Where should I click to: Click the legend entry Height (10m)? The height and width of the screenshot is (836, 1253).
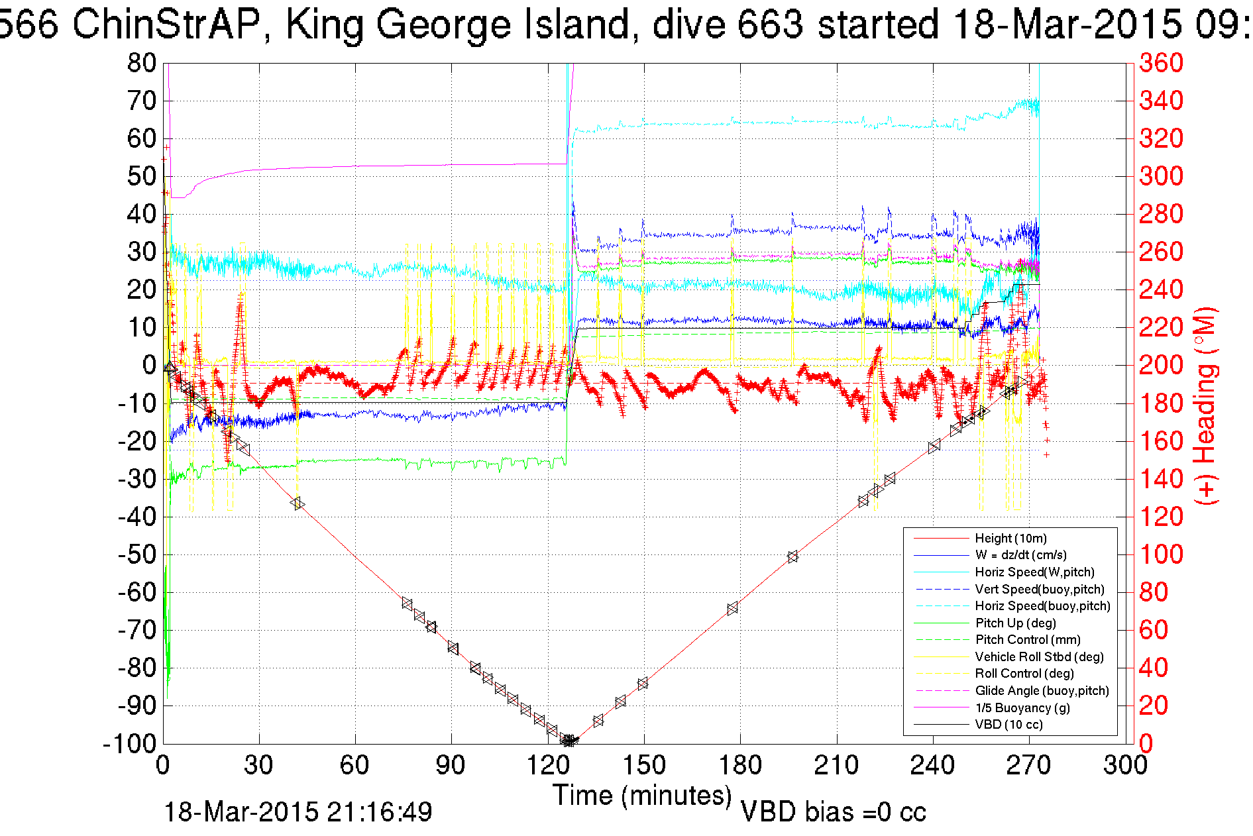click(1010, 539)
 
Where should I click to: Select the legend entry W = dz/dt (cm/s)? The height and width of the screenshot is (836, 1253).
click(1020, 555)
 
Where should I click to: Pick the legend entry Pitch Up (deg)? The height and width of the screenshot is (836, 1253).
click(1015, 623)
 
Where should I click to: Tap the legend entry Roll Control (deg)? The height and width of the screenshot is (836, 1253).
click(1024, 674)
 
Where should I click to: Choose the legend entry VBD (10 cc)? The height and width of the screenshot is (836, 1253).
click(1008, 725)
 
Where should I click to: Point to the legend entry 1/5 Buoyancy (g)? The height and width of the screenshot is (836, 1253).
click(1022, 708)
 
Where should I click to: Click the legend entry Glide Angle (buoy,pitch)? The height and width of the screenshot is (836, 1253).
click(1042, 691)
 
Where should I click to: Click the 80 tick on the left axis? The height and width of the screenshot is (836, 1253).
click(141, 64)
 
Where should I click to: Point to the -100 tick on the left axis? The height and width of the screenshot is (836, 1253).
click(129, 744)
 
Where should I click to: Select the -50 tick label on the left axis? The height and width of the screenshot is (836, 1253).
click(136, 554)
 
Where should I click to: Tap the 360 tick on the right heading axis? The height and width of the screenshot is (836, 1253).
click(1161, 64)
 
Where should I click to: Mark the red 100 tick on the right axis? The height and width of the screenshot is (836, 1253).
click(1161, 554)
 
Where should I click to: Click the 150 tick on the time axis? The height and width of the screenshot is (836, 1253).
click(643, 766)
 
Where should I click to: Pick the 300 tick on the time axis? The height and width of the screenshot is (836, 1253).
click(1125, 766)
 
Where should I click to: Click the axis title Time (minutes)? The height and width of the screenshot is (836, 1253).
click(642, 795)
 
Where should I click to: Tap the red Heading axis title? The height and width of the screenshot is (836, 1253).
click(1206, 405)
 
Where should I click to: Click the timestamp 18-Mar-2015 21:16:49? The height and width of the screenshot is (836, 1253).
click(298, 812)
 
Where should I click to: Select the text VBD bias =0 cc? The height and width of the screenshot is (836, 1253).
click(833, 812)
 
